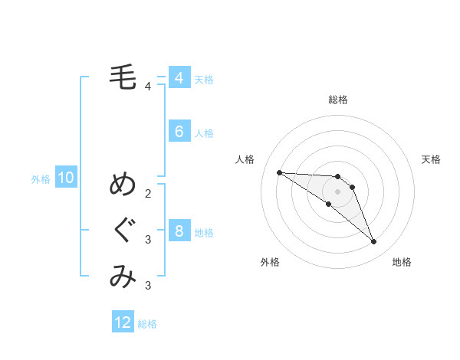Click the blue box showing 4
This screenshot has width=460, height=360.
point(179,78)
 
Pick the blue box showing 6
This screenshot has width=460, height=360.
point(179,132)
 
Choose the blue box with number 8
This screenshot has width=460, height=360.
point(179,231)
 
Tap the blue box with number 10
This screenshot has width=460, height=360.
point(65,178)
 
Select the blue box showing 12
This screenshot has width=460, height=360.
point(123,322)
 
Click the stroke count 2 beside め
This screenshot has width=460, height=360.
point(148,192)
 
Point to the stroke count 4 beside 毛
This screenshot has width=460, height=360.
point(148,86)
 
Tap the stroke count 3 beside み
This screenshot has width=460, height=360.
point(148,286)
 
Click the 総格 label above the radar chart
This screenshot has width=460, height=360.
point(338,100)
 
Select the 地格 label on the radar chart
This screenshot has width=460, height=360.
point(402,262)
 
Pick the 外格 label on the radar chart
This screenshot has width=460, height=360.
point(270,262)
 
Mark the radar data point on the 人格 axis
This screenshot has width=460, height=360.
point(279,172)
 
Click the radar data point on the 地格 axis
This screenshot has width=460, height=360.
point(374,242)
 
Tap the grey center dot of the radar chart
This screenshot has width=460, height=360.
point(338,191)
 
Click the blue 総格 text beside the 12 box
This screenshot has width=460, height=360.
point(147,324)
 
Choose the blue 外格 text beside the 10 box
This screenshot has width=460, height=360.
point(41,179)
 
